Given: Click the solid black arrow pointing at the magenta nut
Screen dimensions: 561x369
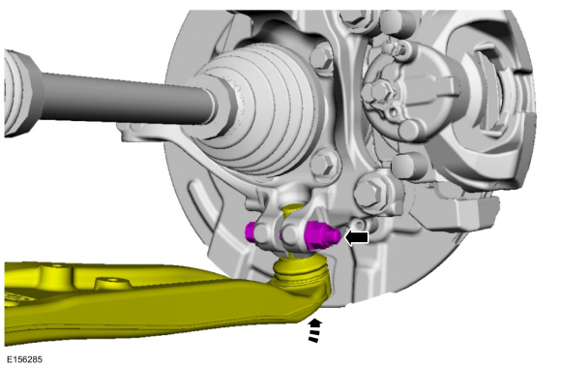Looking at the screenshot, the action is (356, 237).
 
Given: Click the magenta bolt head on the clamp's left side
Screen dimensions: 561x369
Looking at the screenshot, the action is (251, 231).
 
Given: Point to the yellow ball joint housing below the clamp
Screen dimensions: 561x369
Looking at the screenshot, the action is (300, 272).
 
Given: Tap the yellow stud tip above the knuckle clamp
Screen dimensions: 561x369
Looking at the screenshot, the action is (291, 208).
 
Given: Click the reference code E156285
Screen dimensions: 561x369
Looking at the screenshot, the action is (24, 359).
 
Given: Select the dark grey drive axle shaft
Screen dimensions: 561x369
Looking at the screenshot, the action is (122, 97).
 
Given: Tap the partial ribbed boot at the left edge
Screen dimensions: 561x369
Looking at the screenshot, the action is (17, 92).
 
